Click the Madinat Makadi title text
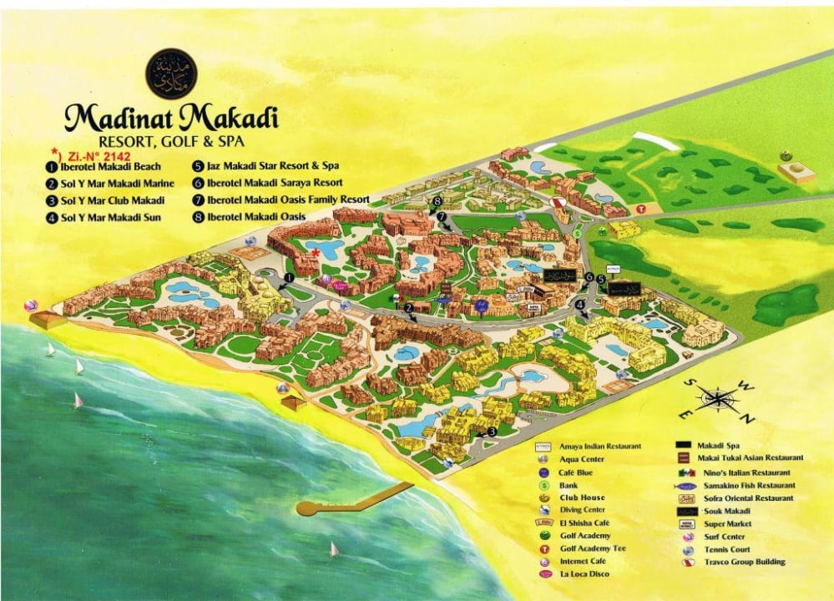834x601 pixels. [x=171, y=117]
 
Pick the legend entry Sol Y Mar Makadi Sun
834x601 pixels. [x=111, y=218]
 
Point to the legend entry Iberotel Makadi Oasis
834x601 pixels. [x=255, y=217]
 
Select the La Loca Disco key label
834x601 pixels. [x=584, y=574]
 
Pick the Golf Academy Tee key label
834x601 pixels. [x=593, y=548]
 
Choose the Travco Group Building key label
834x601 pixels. [x=745, y=562]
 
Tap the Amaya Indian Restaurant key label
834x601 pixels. [x=600, y=447]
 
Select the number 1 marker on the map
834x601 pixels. [x=289, y=277]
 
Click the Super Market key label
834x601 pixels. [x=728, y=523]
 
